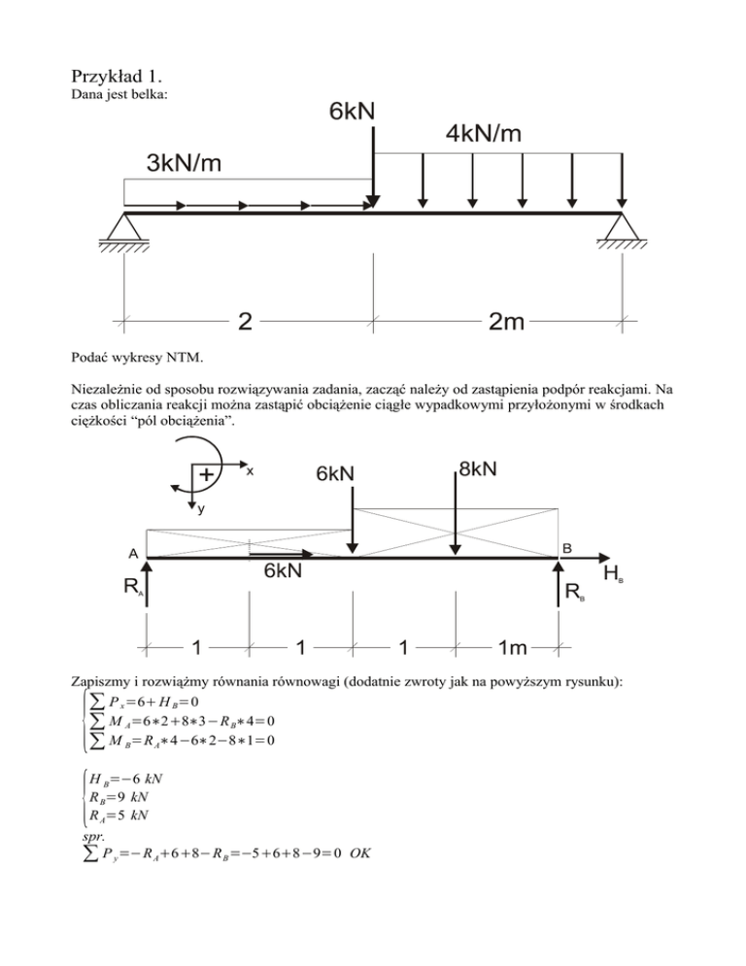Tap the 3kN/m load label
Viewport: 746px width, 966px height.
tap(184, 163)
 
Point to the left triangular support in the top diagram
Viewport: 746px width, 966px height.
tap(123, 227)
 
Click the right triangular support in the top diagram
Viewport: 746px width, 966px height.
tap(622, 227)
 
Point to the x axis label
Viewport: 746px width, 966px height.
tap(250, 470)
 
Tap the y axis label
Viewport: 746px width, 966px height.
tap(201, 510)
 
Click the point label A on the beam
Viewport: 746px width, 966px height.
tap(133, 551)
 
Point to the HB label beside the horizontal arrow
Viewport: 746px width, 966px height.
tap(614, 575)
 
